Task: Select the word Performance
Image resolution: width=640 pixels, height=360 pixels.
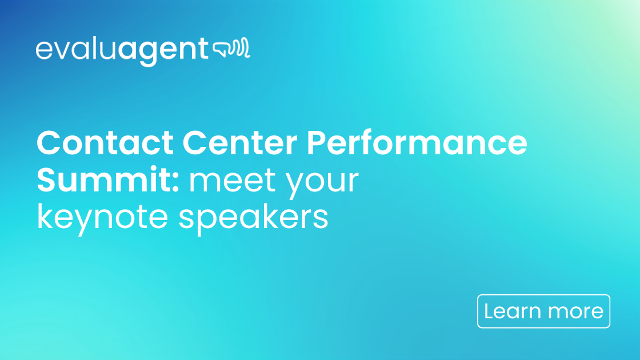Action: tap(417, 143)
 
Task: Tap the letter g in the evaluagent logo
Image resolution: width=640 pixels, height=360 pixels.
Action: tap(147, 53)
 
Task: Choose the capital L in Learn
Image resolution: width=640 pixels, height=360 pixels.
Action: tap(489, 311)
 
